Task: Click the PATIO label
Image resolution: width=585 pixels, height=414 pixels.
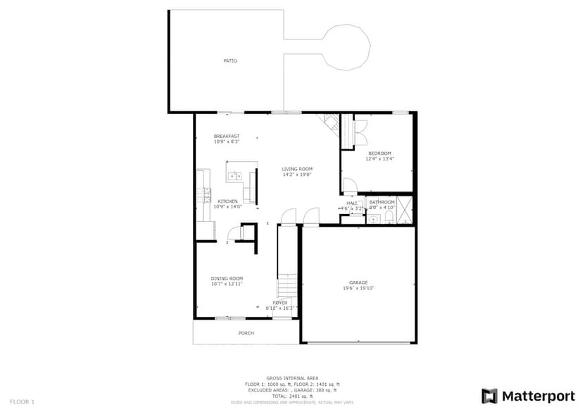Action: point(230,61)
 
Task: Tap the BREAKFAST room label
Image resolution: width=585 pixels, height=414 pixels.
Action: point(227,136)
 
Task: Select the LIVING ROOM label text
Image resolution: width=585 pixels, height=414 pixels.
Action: point(297,169)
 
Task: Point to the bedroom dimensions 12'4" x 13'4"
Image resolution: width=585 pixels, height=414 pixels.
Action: point(379,159)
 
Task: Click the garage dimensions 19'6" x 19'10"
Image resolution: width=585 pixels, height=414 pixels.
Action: point(358,288)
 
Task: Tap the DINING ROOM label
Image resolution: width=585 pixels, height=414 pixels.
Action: point(227,279)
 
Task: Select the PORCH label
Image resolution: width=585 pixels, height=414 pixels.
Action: point(246,333)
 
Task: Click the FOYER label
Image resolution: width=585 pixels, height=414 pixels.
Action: point(280,303)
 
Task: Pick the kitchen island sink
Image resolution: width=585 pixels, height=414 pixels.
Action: point(235,176)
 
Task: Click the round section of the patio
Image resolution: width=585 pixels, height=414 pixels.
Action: point(346,46)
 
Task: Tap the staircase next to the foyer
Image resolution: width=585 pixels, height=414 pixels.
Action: point(287,287)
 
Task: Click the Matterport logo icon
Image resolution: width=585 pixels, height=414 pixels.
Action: point(489,396)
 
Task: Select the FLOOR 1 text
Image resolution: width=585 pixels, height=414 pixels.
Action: point(21,401)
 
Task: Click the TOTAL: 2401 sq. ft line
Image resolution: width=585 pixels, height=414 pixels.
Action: point(292,395)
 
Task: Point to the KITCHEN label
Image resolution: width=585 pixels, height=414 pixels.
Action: point(227,201)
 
